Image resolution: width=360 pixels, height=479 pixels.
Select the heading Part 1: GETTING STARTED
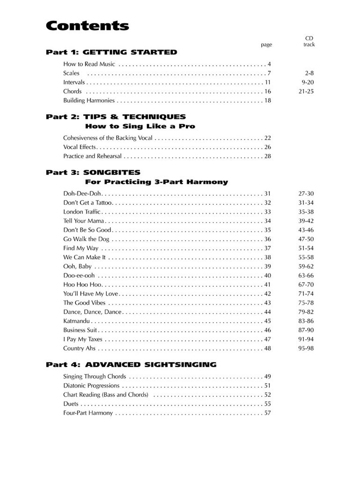point(111,52)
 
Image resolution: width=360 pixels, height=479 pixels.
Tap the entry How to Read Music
point(89,64)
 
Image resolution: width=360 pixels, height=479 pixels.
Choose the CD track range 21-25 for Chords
point(306,91)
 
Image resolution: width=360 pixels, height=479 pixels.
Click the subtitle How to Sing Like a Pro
point(140,126)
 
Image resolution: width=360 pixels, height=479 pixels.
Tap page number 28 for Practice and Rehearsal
point(268,156)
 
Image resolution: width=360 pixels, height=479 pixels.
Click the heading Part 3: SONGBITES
point(93,172)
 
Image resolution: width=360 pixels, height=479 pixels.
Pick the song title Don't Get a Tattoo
point(88,203)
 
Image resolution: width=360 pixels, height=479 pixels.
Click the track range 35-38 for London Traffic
point(306,211)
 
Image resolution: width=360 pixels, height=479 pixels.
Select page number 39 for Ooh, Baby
point(268,266)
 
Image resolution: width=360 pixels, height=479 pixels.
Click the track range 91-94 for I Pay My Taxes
point(306,339)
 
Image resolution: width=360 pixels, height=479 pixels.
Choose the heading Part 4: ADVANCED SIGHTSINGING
point(131,364)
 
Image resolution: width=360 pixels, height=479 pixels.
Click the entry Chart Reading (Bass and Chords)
point(106,394)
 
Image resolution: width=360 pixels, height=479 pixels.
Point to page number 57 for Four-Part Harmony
point(268,413)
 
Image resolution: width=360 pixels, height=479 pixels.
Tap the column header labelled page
point(266,45)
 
